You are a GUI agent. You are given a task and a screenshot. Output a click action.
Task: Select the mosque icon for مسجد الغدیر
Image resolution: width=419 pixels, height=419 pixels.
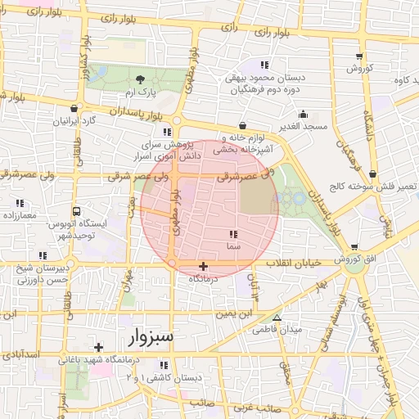click(303, 115)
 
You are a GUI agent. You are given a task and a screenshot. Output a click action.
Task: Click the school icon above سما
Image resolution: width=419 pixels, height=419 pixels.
click(234, 235)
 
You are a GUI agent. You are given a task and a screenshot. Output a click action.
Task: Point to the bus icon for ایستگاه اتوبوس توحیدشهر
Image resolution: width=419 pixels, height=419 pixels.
click(76, 210)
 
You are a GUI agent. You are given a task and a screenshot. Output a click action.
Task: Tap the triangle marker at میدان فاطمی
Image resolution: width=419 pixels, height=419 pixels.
click(277, 318)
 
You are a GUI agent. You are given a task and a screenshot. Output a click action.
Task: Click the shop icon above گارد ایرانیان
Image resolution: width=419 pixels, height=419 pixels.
click(74, 108)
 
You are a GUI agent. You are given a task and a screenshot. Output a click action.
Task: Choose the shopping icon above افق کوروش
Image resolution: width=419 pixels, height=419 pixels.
click(354, 247)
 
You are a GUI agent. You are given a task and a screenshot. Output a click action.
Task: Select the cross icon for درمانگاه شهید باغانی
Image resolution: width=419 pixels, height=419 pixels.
click(99, 347)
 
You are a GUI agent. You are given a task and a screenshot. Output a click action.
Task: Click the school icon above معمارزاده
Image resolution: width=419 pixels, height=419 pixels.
click(20, 203)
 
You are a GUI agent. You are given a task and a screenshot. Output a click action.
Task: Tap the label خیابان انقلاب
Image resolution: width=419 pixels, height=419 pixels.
click(307, 262)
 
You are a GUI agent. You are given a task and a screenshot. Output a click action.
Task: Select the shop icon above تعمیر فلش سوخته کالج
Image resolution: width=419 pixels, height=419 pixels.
click(373, 173)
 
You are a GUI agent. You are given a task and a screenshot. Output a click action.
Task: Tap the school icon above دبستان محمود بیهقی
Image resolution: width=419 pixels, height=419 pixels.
click(264, 65)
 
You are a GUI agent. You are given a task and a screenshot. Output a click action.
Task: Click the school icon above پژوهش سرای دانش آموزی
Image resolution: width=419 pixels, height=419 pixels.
click(167, 131)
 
